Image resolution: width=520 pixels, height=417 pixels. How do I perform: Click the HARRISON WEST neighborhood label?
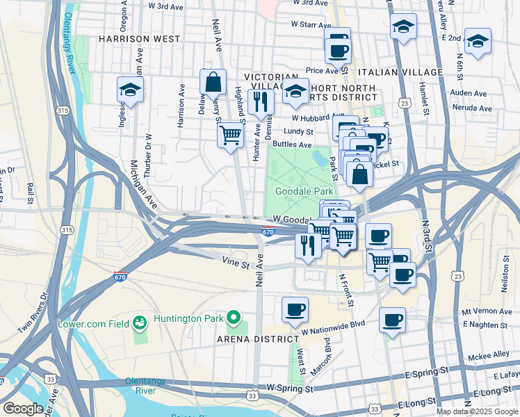(140, 39)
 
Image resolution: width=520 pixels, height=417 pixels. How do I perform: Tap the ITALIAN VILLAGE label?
(400, 72)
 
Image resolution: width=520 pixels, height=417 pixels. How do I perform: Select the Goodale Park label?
(304, 191)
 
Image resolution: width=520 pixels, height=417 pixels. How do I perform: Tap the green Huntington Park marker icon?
(234, 319)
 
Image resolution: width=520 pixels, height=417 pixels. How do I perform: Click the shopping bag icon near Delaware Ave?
(213, 82)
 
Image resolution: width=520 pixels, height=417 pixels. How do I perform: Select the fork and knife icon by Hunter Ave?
(261, 101)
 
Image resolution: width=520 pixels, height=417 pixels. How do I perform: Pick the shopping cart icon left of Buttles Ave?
(230, 136)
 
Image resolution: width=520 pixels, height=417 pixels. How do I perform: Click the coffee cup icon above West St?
(295, 309)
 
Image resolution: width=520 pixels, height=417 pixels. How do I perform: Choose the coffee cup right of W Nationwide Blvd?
(393, 320)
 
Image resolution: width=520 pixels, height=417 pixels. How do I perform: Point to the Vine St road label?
(236, 264)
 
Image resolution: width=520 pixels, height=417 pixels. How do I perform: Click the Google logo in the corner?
(22, 408)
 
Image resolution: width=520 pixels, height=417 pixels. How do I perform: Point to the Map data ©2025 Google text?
(476, 411)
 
